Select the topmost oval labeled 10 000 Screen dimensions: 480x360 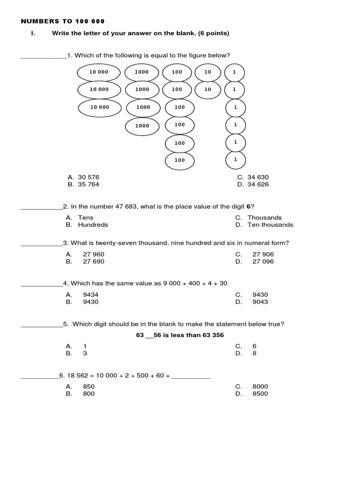pos(99,72)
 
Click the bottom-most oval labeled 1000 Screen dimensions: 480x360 pos(142,126)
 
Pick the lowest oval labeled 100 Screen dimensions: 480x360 pos(180,160)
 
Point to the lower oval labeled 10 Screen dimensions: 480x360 pos(208,89)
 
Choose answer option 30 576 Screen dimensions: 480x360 pos(89,177)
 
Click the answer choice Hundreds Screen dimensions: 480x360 pos(93,225)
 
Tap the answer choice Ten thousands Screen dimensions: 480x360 pos(270,225)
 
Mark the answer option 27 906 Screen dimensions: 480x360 pos(263,254)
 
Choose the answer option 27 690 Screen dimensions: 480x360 pos(94,261)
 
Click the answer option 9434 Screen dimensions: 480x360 pos(90,294)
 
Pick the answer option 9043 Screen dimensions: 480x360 pos(260,302)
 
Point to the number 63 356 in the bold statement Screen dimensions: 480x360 pos(213,335)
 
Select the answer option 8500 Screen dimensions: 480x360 pos(260,394)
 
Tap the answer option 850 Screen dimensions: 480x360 pos(89,386)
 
